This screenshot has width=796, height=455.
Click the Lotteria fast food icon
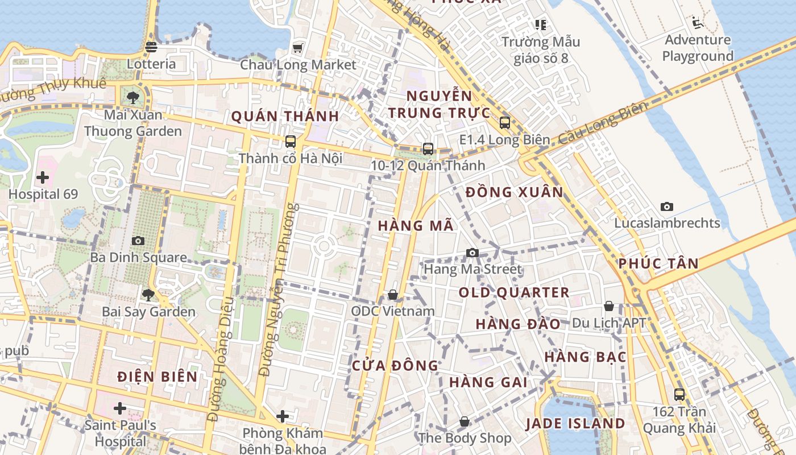151,47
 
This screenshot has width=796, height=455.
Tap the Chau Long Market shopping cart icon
297,48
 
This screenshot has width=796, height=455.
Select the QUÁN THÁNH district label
285,116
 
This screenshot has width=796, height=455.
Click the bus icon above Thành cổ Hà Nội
291,141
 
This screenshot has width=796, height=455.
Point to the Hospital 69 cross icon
43,177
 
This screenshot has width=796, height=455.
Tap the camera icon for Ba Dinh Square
138,241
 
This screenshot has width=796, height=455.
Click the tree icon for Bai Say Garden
148,295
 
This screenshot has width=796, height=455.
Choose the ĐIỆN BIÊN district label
157,377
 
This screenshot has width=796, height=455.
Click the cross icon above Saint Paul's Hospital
120,408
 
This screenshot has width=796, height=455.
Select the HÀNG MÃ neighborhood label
416,226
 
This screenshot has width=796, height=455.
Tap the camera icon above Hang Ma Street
472,253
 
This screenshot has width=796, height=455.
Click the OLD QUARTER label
514,293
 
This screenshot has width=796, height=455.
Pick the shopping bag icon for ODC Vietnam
393,295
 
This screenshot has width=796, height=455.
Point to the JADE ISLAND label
575,424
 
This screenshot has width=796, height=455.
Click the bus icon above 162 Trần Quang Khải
679,394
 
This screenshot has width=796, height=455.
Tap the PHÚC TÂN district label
658,263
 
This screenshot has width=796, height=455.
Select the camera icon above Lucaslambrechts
667,206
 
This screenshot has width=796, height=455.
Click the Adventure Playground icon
698,23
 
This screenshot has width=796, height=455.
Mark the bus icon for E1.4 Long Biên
505,122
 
